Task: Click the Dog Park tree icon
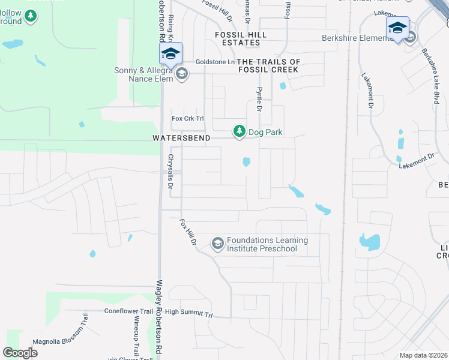(x=240, y=131)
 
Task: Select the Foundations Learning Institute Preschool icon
(x=217, y=243)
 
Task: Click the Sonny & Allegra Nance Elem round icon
(x=182, y=75)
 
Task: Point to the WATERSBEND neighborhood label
(x=181, y=138)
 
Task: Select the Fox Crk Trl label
(x=185, y=118)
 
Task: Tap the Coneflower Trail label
(x=129, y=311)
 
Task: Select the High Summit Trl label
(x=189, y=313)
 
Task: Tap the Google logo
(x=20, y=353)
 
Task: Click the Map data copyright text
(x=423, y=355)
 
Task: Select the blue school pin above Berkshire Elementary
(x=397, y=28)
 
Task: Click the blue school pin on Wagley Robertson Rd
(x=170, y=53)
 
